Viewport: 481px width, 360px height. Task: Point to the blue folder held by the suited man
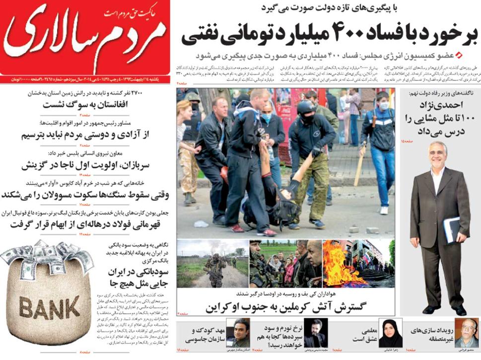click(452, 229)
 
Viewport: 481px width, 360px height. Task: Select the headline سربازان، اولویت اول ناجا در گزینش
click(94, 164)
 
